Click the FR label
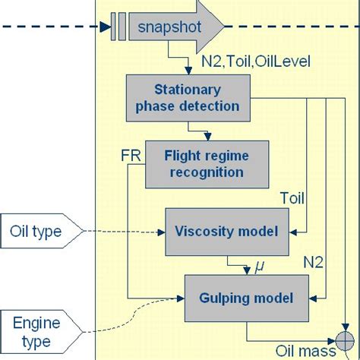click(131, 155)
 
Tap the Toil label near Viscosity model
click(292, 200)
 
